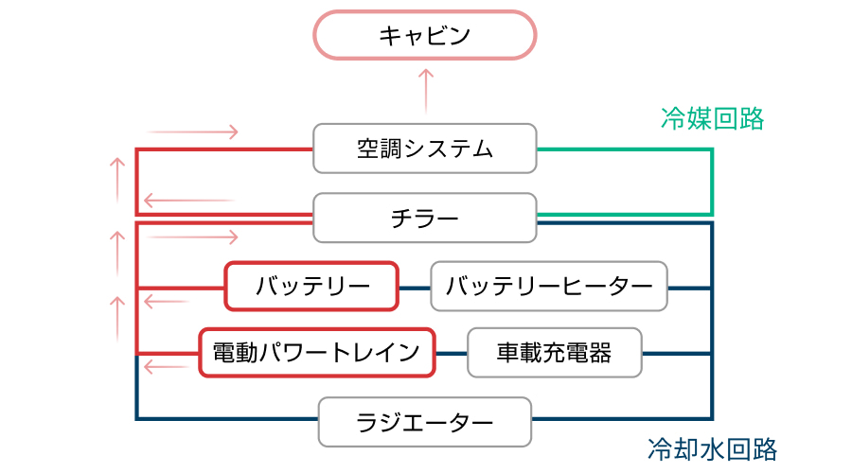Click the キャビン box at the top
[x=425, y=37]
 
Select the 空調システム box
[x=425, y=149]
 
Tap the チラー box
[x=425, y=219]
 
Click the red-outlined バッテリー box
[x=311, y=286]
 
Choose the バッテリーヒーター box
[x=549, y=286]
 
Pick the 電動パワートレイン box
[x=317, y=353]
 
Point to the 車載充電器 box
[x=555, y=353]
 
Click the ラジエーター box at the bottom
[x=425, y=421]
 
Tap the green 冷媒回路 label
[x=712, y=118]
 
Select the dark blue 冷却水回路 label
[x=712, y=448]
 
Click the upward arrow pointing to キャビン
[x=425, y=92]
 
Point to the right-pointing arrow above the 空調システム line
[x=193, y=131]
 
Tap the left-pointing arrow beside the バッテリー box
[x=168, y=302]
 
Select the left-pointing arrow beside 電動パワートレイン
[x=168, y=366]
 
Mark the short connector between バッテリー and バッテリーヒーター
[x=414, y=287]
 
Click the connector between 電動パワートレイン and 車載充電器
[x=451, y=354]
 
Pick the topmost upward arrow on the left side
[x=117, y=180]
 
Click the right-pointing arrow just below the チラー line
[x=193, y=235]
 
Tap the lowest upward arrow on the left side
[x=117, y=318]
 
